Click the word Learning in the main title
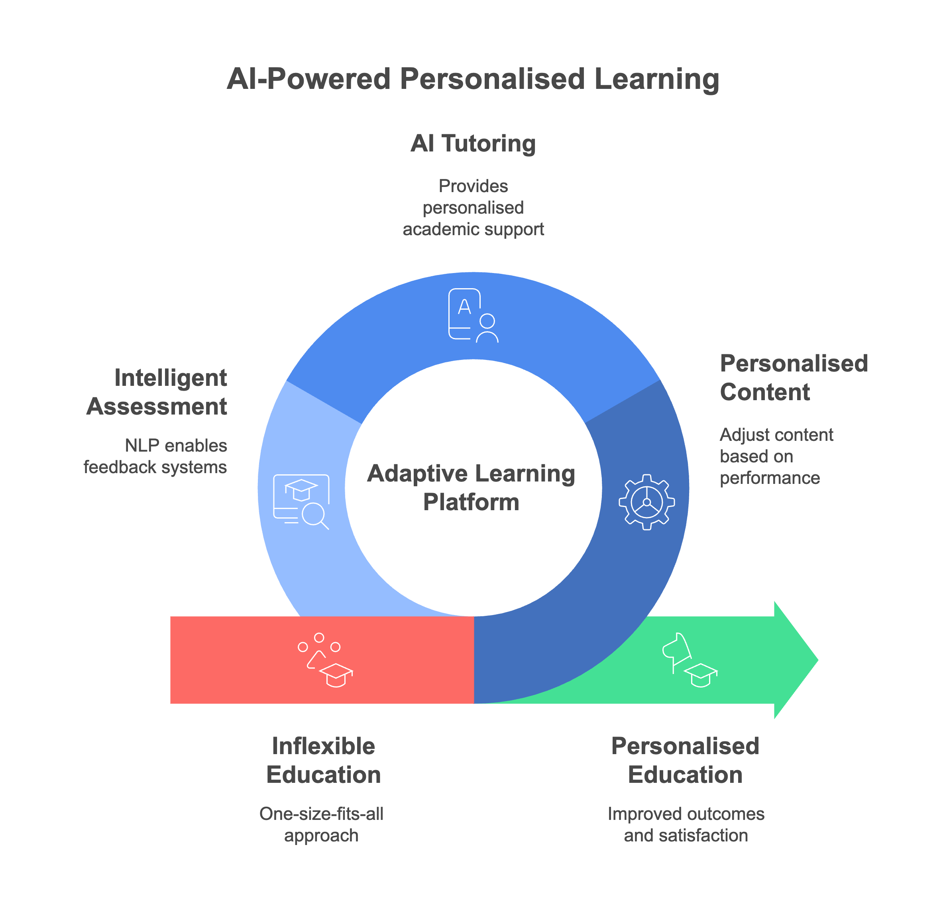(656, 79)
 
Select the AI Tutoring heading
(473, 143)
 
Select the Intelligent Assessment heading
(157, 392)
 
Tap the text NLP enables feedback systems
(155, 456)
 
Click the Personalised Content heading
(793, 378)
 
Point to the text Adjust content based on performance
(776, 456)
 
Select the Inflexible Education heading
(323, 761)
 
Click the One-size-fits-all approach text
(322, 825)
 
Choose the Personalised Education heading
(685, 761)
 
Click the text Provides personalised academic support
(473, 208)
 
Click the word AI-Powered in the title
(308, 79)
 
